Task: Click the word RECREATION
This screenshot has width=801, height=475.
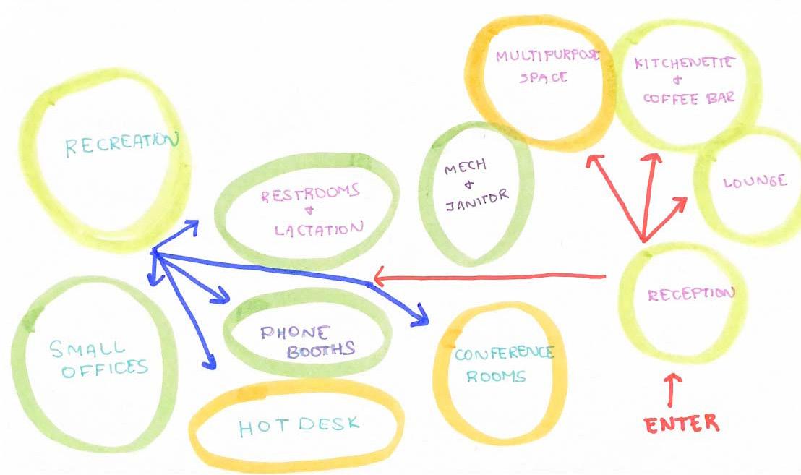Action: click(x=121, y=145)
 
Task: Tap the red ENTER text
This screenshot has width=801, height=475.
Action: click(x=682, y=423)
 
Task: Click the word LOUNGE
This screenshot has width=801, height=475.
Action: click(x=755, y=181)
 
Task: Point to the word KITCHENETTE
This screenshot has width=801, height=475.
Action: click(x=682, y=63)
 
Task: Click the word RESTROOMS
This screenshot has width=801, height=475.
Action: click(x=310, y=194)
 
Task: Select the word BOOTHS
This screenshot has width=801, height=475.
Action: click(x=321, y=351)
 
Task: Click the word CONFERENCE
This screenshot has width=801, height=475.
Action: click(x=505, y=354)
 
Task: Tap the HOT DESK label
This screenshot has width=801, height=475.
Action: click(x=299, y=425)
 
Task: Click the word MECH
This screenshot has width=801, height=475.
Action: click(x=466, y=167)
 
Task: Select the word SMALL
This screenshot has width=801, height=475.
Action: click(x=87, y=348)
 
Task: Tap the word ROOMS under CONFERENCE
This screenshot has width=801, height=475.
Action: click(x=496, y=377)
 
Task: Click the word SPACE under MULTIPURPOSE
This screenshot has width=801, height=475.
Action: click(x=544, y=77)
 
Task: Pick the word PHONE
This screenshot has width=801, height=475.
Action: click(x=294, y=333)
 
